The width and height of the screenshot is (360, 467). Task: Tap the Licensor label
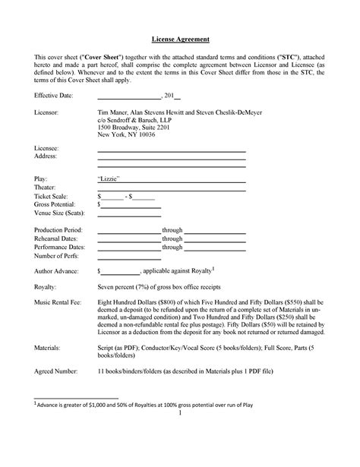click(x=47, y=112)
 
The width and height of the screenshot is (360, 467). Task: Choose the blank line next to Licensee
click(x=171, y=150)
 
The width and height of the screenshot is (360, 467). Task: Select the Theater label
click(x=46, y=186)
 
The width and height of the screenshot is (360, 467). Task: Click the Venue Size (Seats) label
click(x=61, y=213)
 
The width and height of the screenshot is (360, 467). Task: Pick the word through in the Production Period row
click(x=172, y=229)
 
